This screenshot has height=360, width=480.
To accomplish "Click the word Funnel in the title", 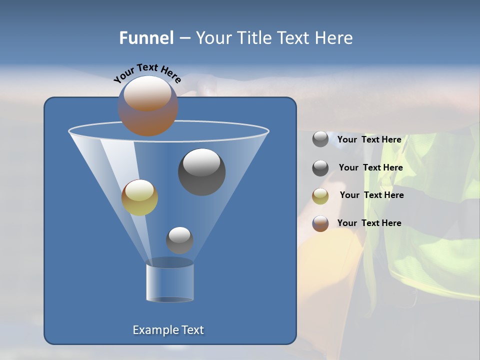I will point(146,38).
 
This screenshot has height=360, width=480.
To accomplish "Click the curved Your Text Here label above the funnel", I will point(147,73).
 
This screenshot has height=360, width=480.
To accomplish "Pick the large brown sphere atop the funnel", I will point(148,106).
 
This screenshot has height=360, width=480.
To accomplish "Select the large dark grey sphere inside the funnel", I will point(201,172).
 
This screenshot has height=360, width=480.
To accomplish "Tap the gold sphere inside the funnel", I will point(139,197).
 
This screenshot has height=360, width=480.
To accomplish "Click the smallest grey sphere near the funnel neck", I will point(179,240).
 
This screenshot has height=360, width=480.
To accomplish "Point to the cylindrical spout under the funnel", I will point(169,282).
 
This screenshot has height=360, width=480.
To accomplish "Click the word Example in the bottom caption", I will point(155,330).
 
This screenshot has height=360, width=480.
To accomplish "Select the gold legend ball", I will point(320,196).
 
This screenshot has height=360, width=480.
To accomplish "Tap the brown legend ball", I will point(320,223).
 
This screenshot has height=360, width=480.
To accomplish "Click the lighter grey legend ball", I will point(320,139).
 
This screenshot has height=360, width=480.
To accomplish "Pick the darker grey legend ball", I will point(320,168).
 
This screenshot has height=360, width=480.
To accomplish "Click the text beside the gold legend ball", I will point(371,195).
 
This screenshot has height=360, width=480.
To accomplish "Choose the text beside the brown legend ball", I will point(369,223).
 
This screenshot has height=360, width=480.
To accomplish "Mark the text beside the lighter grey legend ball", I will point(369,139).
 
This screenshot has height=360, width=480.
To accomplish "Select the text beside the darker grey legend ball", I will point(370,167).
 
